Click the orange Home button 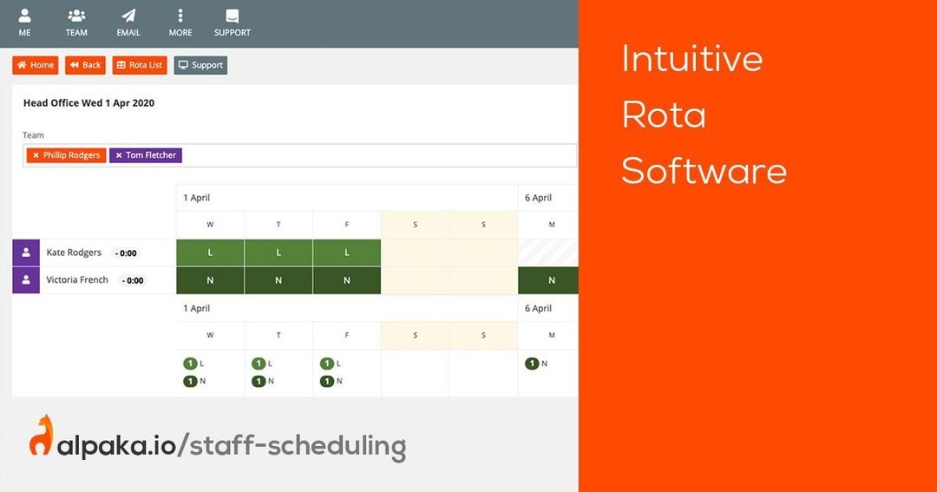(36, 65)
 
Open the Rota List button (140, 65)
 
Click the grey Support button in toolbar (200, 65)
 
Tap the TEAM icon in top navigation (76, 16)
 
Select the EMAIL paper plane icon (128, 16)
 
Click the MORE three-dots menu (180, 16)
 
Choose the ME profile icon (24, 16)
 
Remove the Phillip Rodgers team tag (36, 155)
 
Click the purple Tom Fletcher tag (146, 155)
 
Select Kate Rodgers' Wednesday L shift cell (210, 253)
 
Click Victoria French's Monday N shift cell (548, 280)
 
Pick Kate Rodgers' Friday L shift (346, 253)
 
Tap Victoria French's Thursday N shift (278, 280)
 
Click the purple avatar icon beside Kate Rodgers (26, 253)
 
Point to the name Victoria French (77, 279)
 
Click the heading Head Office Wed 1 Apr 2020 (89, 102)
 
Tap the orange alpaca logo (42, 436)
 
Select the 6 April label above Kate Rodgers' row (539, 198)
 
